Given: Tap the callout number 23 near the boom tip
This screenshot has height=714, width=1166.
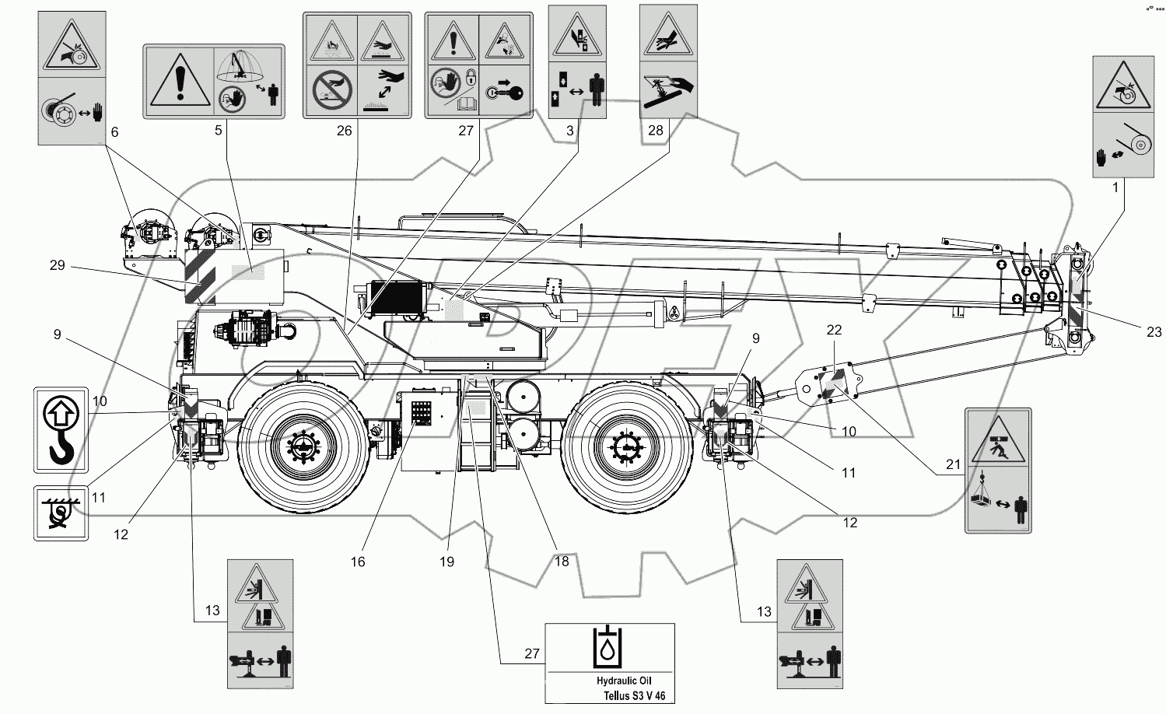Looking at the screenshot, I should click(1153, 332).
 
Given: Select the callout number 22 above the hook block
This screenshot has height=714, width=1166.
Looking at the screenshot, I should click(833, 331).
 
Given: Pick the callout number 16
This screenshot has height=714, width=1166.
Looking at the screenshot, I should click(357, 561).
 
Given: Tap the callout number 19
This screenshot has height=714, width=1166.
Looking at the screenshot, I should click(446, 561).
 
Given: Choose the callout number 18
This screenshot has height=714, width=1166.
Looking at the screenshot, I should click(561, 561).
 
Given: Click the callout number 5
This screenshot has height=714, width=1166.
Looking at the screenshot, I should click(219, 131).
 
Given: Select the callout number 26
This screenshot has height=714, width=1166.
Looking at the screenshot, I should click(344, 131).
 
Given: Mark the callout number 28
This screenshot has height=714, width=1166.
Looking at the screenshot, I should click(656, 131).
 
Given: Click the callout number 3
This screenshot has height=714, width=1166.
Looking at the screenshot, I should click(570, 131).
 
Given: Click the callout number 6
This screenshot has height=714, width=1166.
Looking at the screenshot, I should click(114, 132).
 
